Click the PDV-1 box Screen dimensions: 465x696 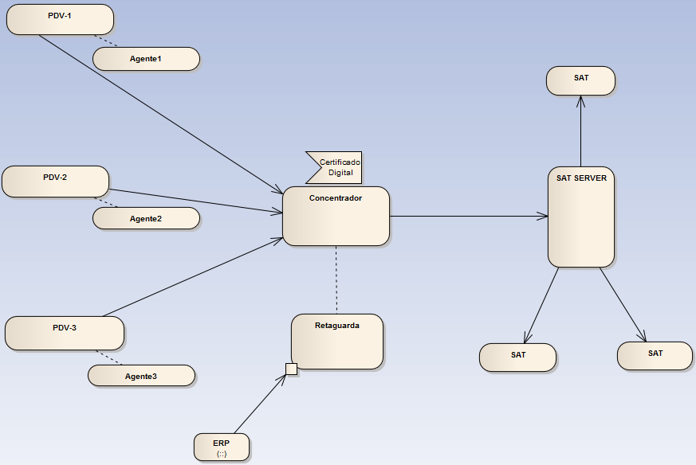point(60,19)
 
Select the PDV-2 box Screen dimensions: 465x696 point(55,182)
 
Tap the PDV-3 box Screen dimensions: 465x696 point(65,333)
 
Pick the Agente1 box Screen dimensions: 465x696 point(146,59)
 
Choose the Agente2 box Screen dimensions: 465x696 point(146,218)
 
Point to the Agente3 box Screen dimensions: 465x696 point(141,376)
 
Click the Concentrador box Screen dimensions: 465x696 point(336,217)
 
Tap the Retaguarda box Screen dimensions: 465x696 point(337,342)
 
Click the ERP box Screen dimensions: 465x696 point(222,447)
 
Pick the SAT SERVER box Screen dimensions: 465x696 point(581,217)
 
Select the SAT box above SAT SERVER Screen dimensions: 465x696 point(581,81)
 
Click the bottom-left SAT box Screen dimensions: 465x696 point(517,358)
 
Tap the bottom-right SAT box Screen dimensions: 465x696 point(655,356)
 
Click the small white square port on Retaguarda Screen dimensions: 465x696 point(291,369)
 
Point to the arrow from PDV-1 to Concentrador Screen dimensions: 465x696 point(159,112)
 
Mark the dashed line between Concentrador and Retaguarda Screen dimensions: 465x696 point(336,279)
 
